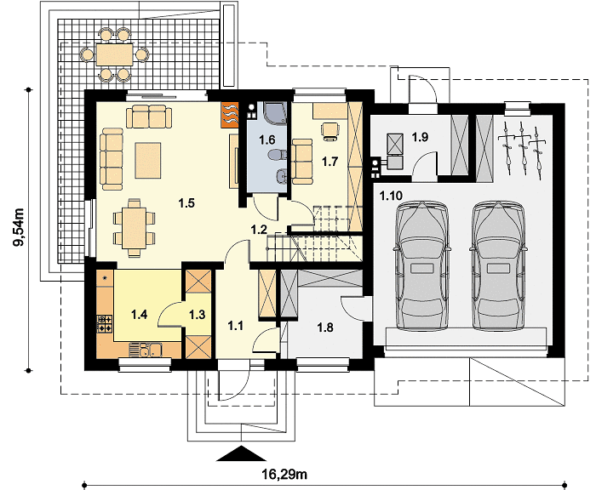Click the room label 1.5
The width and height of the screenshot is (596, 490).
tap(186, 202)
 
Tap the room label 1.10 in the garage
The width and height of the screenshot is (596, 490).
tap(390, 196)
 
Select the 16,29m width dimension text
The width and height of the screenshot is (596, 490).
tap(284, 474)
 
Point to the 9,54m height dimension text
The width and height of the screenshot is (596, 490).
tap(19, 227)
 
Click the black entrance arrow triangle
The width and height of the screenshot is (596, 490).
tap(241, 453)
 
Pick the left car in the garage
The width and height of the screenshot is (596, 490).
tap(422, 265)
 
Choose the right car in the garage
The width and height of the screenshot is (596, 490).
tap(498, 265)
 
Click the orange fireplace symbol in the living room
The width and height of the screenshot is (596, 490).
tap(230, 113)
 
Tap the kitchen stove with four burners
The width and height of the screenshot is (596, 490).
tap(105, 323)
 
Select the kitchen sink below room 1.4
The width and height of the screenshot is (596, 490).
tap(146, 350)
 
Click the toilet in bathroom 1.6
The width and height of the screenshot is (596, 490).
tap(278, 155)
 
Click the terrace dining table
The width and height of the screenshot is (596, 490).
tap(114, 54)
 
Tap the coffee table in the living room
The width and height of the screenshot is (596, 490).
tap(148, 160)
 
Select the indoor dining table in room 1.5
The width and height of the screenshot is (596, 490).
tap(134, 228)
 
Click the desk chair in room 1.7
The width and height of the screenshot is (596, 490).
tap(330, 131)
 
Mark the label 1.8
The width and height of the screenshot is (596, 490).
tap(325, 327)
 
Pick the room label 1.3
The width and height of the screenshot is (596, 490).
tap(198, 315)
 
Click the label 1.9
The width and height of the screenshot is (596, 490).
tap(420, 137)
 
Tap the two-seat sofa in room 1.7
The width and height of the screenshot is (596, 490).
tap(301, 161)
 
